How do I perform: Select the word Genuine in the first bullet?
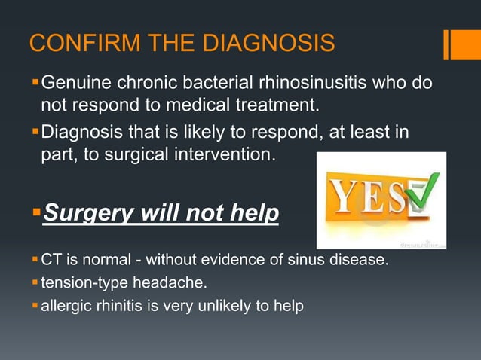pyautogui.click(x=78, y=81)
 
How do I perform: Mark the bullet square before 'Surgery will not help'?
pyautogui.click(x=35, y=215)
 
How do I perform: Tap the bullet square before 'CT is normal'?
pyautogui.click(x=35, y=261)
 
